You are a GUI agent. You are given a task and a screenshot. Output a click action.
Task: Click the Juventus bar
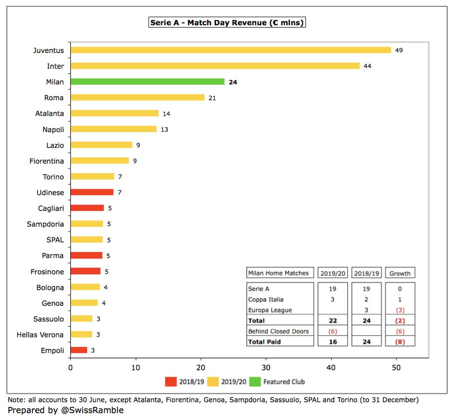click(231, 50)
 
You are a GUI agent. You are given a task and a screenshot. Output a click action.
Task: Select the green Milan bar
click(147, 82)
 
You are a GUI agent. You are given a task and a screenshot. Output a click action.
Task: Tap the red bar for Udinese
click(92, 192)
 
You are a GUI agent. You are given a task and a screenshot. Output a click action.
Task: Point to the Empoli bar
click(78, 350)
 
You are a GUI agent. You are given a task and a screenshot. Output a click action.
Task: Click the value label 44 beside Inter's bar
click(368, 66)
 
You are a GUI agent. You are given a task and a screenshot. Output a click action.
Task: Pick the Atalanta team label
click(50, 114)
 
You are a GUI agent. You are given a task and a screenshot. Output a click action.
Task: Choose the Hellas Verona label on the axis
click(40, 335)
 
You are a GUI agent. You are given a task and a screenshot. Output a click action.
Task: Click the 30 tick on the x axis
click(266, 368)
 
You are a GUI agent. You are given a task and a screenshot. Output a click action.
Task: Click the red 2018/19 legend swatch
click(171, 382)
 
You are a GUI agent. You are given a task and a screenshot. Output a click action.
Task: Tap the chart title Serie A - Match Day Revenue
click(227, 23)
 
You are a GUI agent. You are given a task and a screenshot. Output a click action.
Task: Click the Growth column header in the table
click(400, 273)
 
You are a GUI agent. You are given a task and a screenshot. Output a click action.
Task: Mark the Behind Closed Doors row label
click(279, 331)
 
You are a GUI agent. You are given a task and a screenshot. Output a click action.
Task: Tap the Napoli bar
click(114, 129)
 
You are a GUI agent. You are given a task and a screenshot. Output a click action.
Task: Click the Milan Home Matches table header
click(279, 273)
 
